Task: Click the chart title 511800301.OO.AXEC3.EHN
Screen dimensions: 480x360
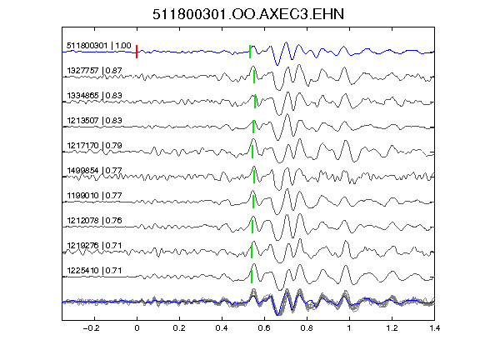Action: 248,14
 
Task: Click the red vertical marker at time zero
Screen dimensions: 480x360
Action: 137,52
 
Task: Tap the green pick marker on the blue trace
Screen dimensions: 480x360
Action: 250,52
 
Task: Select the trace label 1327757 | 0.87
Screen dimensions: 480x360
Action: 94,71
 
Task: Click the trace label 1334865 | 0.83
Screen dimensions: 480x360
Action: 94,96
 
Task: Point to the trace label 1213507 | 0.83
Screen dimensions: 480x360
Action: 94,121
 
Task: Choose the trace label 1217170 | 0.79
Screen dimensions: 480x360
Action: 94,146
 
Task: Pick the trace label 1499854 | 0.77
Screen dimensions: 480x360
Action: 94,171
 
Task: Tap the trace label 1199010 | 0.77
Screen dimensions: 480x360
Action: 94,196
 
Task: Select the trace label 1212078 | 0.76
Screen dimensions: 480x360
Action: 94,221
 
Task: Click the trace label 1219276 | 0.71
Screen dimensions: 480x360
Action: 94,246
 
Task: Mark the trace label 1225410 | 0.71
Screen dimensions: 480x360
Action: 94,271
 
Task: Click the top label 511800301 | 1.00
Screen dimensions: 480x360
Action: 99,46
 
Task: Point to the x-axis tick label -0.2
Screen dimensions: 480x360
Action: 91,328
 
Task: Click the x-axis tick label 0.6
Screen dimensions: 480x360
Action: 264,328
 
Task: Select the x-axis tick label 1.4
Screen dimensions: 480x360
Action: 434,328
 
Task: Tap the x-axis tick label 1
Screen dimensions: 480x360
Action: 349,328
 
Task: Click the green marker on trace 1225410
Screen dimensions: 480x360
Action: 252,277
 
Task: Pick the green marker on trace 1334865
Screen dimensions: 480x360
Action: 255,102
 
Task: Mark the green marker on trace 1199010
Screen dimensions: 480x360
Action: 253,202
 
